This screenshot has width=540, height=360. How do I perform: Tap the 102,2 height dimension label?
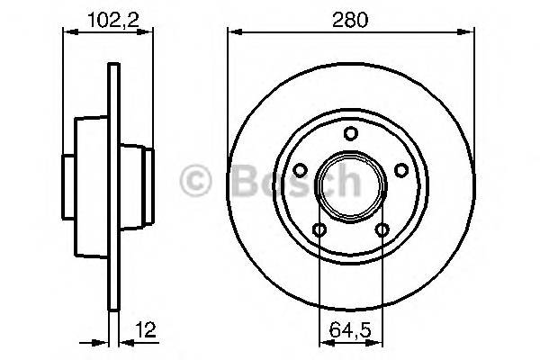108,16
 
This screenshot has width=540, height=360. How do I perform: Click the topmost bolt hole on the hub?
351,135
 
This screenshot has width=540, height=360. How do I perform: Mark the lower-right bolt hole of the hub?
382,229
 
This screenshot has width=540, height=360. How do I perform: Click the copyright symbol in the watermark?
196,182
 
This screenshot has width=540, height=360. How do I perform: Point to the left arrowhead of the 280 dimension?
233,33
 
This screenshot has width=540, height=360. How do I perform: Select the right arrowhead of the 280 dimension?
470,33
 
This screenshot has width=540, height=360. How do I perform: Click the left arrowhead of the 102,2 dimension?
67,33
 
